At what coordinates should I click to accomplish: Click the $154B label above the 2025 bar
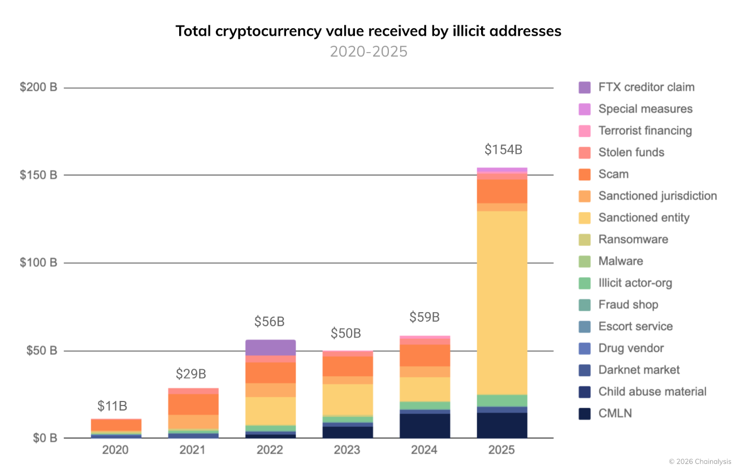click(503, 150)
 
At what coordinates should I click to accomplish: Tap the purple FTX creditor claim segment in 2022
click(271, 348)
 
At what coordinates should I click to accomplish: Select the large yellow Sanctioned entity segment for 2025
click(502, 303)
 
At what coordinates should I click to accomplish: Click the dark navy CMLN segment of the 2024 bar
click(425, 426)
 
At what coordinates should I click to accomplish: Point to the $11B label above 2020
click(112, 406)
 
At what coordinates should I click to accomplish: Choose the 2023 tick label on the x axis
click(347, 450)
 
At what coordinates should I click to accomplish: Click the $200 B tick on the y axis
click(38, 87)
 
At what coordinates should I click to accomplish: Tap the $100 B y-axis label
click(38, 262)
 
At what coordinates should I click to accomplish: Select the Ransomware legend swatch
click(585, 240)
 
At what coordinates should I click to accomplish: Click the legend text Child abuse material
click(652, 392)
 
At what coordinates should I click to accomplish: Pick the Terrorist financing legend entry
click(635, 131)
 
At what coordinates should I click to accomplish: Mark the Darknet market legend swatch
click(585, 370)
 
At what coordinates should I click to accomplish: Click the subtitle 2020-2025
click(369, 51)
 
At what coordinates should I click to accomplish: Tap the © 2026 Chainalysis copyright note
click(700, 461)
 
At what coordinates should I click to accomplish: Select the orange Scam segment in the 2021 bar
click(193, 404)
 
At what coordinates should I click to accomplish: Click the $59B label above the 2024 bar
click(425, 317)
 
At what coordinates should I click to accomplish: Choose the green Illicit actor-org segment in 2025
click(502, 401)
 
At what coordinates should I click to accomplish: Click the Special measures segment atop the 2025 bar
click(502, 170)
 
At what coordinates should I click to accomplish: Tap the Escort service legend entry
click(626, 327)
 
